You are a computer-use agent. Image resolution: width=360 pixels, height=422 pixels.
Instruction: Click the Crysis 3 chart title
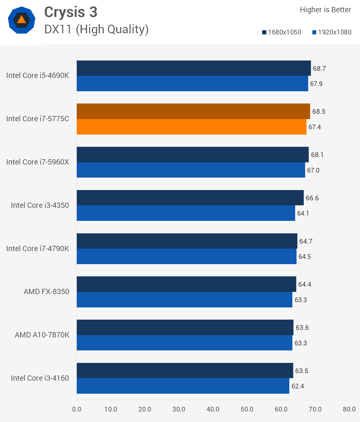click(x=71, y=12)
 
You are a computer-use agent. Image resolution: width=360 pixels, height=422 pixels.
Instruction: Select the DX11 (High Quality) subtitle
click(x=96, y=29)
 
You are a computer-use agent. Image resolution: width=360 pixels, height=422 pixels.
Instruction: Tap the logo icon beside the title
click(x=22, y=20)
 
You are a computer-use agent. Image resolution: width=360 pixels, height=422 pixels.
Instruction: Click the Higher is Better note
click(x=325, y=10)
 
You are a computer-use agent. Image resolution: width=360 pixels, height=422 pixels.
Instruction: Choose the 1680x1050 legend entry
click(x=282, y=32)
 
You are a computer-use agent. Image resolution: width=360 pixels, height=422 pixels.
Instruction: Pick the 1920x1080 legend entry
click(x=332, y=32)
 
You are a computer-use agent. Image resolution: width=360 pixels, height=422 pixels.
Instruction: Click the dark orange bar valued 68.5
click(x=193, y=111)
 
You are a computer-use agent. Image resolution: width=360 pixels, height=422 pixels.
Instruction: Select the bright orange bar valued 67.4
click(x=192, y=127)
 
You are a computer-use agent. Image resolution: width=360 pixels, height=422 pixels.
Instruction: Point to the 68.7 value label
click(x=319, y=69)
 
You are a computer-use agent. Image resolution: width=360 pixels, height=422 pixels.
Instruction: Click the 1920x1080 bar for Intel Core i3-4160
click(x=183, y=386)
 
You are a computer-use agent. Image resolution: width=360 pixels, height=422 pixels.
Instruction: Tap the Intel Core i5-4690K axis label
click(x=38, y=75)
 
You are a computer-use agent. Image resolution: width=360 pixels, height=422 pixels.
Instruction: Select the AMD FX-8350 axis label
click(x=46, y=292)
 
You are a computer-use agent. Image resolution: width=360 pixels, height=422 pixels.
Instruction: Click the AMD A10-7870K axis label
click(x=42, y=335)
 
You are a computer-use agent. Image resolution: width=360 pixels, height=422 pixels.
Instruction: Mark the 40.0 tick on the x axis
click(x=213, y=409)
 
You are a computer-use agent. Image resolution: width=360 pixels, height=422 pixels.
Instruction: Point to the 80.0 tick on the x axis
click(x=349, y=409)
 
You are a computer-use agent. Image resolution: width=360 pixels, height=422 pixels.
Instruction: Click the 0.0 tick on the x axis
click(x=77, y=409)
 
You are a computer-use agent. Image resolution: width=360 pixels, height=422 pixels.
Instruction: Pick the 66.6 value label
click(x=312, y=198)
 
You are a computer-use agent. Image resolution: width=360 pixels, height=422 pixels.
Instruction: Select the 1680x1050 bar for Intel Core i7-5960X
click(x=193, y=155)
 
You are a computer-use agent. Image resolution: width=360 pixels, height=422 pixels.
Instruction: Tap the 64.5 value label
click(x=305, y=257)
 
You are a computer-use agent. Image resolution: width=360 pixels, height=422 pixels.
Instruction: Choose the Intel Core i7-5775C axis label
click(x=38, y=119)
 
